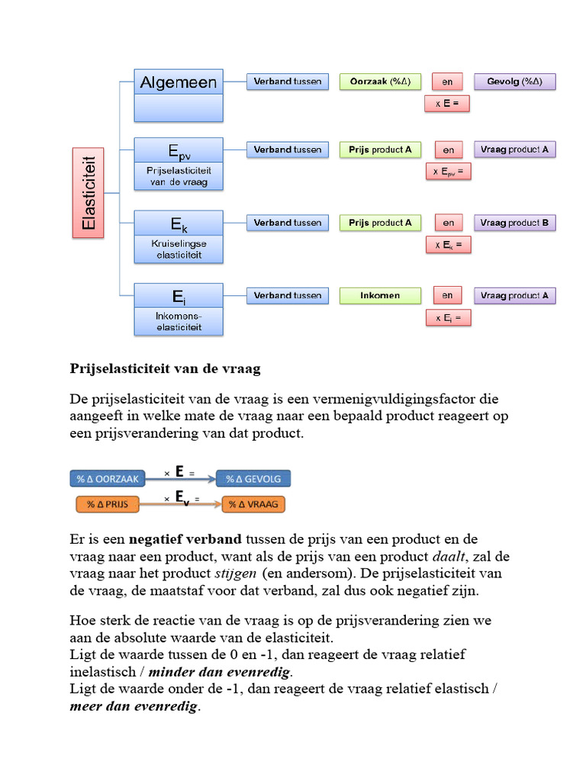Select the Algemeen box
179,82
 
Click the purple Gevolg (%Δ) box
515,82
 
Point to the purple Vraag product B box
514,223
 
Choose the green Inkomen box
380,295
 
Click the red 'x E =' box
446,103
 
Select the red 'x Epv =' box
448,172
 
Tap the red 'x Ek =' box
448,245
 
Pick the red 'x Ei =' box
448,317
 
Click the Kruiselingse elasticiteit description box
179,249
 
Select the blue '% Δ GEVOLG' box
253,479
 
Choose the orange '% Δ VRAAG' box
253,504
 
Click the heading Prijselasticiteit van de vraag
166,369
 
